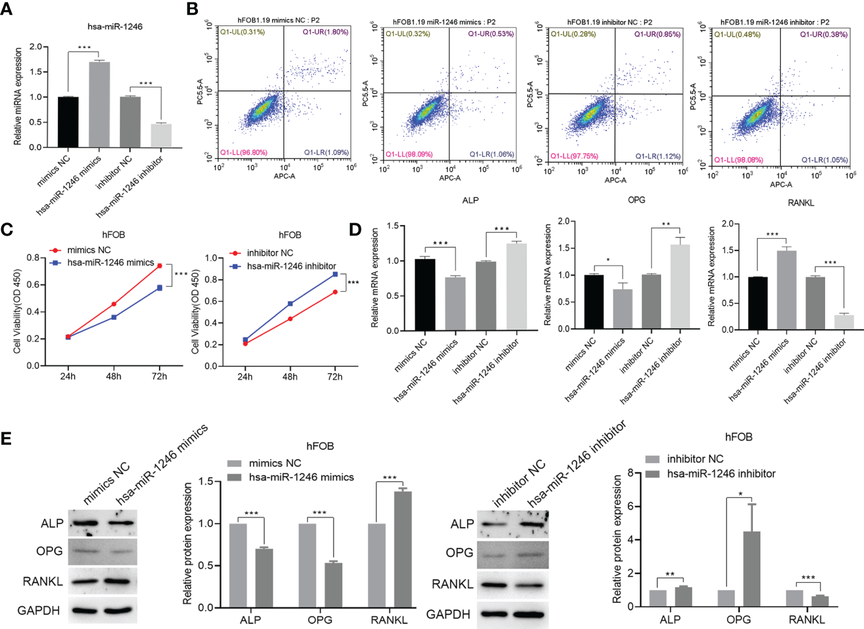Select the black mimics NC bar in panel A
[x=68, y=122]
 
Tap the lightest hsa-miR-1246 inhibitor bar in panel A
[x=161, y=136]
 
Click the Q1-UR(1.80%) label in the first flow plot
[x=325, y=32]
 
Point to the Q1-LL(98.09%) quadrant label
[x=409, y=154]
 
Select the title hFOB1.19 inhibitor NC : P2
[x=609, y=22]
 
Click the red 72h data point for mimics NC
[x=160, y=266]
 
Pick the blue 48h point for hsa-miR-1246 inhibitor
[x=290, y=304]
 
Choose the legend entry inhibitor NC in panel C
[x=269, y=253]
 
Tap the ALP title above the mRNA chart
[x=470, y=200]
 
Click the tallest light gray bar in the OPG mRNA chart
[x=680, y=286]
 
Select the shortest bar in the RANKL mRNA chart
[x=844, y=322]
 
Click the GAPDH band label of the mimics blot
[x=39, y=610]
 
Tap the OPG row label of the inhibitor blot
[x=459, y=553]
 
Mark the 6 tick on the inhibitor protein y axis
[x=631, y=506]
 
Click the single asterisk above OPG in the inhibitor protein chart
[x=740, y=495]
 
